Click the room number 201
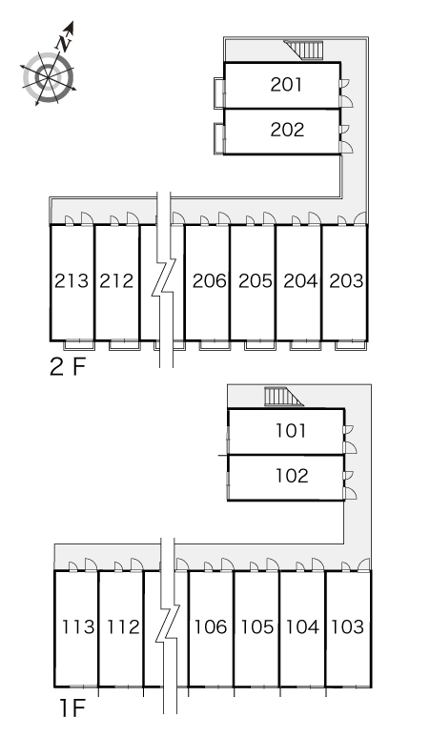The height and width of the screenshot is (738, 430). click(x=286, y=85)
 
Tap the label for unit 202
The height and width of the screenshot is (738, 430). click(x=287, y=130)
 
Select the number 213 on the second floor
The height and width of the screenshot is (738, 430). click(x=72, y=281)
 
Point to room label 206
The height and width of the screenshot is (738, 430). click(x=210, y=281)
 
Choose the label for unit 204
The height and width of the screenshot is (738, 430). click(x=300, y=281)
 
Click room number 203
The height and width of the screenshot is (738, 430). click(x=346, y=281)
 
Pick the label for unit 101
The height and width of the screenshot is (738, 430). click(x=291, y=431)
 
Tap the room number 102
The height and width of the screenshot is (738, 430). click(x=292, y=476)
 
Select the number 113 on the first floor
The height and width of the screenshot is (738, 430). click(x=78, y=627)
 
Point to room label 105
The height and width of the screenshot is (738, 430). click(x=257, y=627)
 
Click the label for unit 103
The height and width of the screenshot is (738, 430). click(x=348, y=627)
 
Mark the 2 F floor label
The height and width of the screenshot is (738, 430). click(x=69, y=367)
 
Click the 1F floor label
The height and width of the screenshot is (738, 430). click(x=72, y=707)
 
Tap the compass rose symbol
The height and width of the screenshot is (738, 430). click(x=49, y=77)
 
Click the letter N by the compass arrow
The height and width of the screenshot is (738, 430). click(x=64, y=44)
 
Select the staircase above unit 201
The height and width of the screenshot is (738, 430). click(x=304, y=50)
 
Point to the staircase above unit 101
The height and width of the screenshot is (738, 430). click(x=284, y=397)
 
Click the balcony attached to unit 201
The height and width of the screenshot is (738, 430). click(x=219, y=93)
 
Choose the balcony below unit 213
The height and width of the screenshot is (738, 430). click(x=79, y=345)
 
